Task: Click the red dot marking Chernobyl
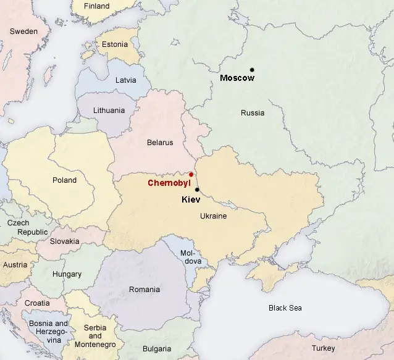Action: (x=191, y=175)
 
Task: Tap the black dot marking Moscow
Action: (x=252, y=69)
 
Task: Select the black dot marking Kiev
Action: (x=197, y=190)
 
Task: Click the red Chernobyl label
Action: (x=168, y=183)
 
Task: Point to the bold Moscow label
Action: (x=237, y=78)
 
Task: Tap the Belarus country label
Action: (x=160, y=143)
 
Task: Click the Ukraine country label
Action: (x=213, y=216)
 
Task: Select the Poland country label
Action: (x=64, y=180)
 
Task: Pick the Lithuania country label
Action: (x=109, y=111)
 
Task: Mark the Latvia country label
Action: (x=126, y=80)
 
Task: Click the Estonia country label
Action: (x=115, y=44)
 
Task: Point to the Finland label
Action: (x=96, y=6)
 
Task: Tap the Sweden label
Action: (x=23, y=31)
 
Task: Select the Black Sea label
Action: (x=285, y=308)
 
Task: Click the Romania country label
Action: (x=144, y=289)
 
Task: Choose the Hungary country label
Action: (x=67, y=274)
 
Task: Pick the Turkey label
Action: (x=340, y=348)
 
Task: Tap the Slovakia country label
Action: (x=65, y=241)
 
